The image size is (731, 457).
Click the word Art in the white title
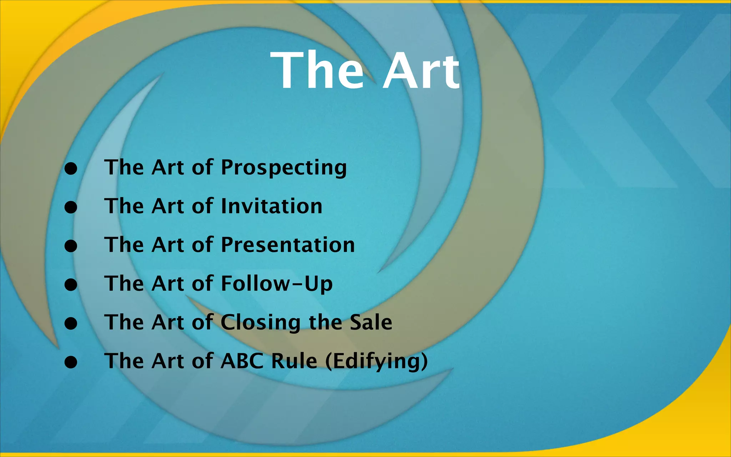421,71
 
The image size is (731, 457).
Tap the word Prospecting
284,168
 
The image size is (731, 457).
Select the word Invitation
272,206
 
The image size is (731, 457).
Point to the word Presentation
288,245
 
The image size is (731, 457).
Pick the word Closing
261,323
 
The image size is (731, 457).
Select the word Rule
294,361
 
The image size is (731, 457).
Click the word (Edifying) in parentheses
377,361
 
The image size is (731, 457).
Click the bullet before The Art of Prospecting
71,169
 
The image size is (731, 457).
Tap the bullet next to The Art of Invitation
71,207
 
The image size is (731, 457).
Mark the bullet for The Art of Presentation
71,246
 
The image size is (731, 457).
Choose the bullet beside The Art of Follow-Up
71,285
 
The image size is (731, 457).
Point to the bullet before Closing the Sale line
71,323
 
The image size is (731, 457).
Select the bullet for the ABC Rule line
71,362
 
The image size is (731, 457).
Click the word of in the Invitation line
202,206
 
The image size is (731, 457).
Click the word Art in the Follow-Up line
167,284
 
